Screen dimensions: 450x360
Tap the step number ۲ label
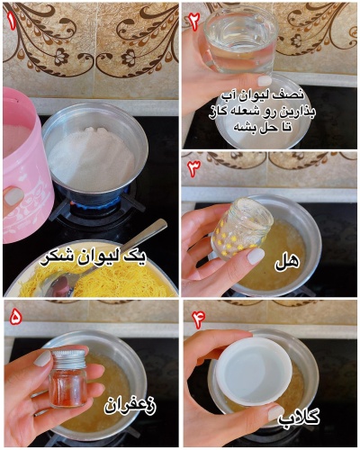[x=193, y=21]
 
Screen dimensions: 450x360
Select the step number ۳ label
[x=193, y=168]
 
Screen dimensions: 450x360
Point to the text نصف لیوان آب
[x=272, y=94]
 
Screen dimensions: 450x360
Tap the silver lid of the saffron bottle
[x=67, y=356]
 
